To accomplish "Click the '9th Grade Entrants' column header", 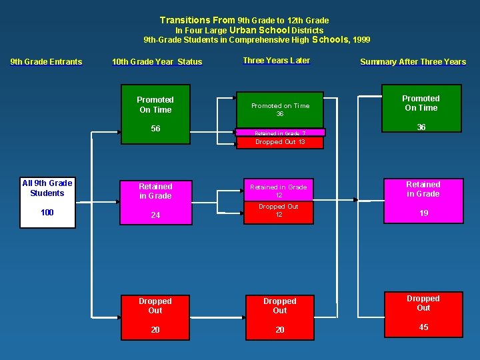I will click(x=46, y=62).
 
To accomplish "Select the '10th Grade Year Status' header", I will click(x=157, y=62).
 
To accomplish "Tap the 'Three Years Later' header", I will click(x=276, y=61).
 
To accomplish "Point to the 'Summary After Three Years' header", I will click(x=413, y=62).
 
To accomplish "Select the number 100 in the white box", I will click(x=47, y=213).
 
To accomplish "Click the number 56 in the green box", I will click(x=155, y=129).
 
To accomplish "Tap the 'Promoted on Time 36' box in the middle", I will click(x=280, y=109).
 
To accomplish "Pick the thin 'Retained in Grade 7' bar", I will click(x=280, y=133).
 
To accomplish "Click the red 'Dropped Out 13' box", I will click(x=280, y=142).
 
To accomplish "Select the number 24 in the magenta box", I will click(x=155, y=215).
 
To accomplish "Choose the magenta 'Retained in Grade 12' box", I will click(x=279, y=191).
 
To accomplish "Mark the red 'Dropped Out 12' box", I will click(x=279, y=211).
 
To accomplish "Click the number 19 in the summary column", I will click(x=423, y=214).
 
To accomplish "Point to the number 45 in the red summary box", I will click(x=423, y=327).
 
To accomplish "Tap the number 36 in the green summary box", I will click(x=421, y=127).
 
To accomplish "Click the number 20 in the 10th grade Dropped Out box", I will click(x=155, y=330).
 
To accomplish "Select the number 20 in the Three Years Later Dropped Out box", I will click(x=280, y=330).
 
